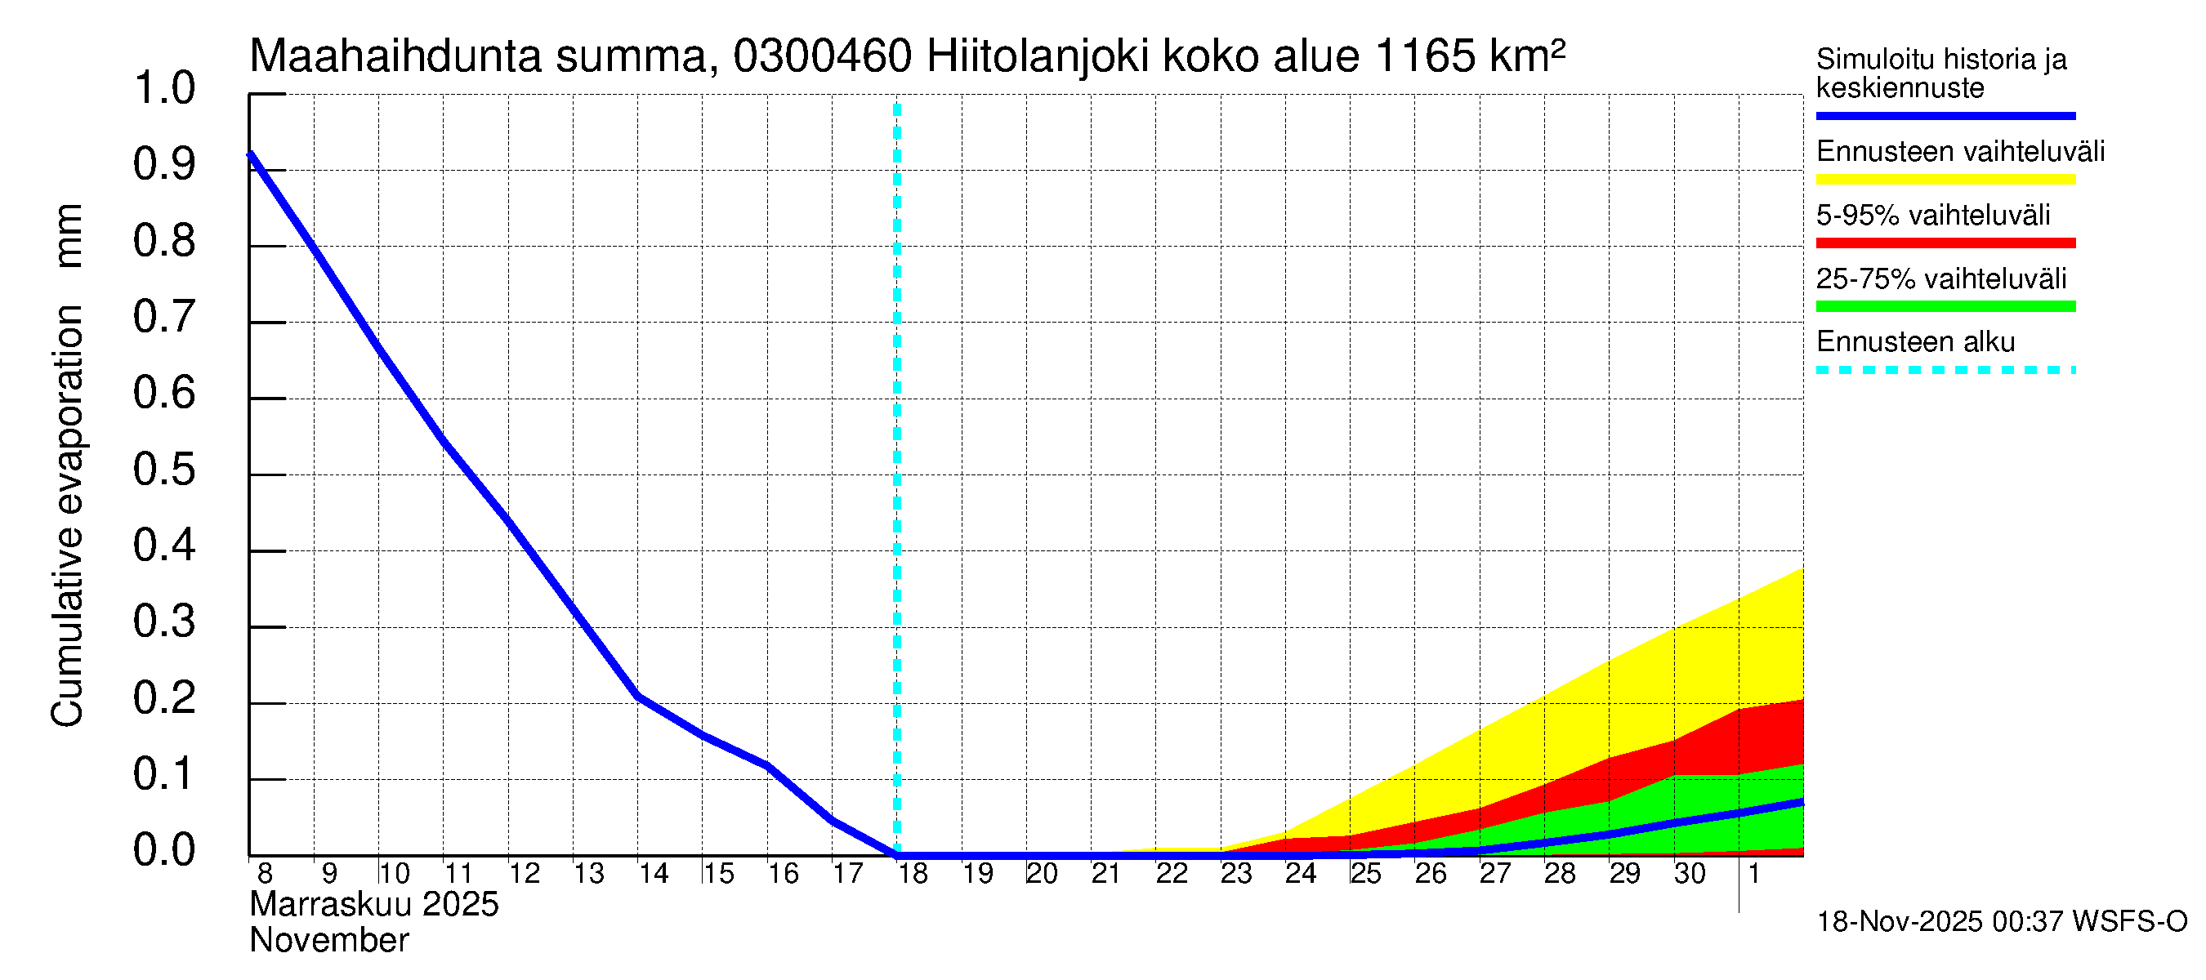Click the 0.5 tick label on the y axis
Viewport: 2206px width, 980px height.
163,469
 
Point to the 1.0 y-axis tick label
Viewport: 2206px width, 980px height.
163,88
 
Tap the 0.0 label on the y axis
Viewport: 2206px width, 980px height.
163,850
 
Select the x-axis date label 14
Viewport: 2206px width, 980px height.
654,873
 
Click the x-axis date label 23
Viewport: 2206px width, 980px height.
1235,873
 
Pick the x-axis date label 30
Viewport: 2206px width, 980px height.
1690,873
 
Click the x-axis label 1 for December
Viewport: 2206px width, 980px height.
1754,873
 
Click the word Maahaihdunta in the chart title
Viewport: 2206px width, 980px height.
395,56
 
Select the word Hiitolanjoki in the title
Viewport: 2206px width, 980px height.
1038,56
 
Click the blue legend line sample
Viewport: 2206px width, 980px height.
1945,115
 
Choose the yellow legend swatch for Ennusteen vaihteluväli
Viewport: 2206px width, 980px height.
1945,180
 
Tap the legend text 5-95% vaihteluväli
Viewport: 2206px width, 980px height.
1933,215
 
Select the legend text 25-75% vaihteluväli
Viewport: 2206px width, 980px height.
1940,279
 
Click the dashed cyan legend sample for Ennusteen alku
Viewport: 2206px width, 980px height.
1945,371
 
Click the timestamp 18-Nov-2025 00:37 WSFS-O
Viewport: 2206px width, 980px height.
2001,921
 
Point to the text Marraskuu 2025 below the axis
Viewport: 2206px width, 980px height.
374,905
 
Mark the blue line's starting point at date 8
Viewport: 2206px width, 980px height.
250,154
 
